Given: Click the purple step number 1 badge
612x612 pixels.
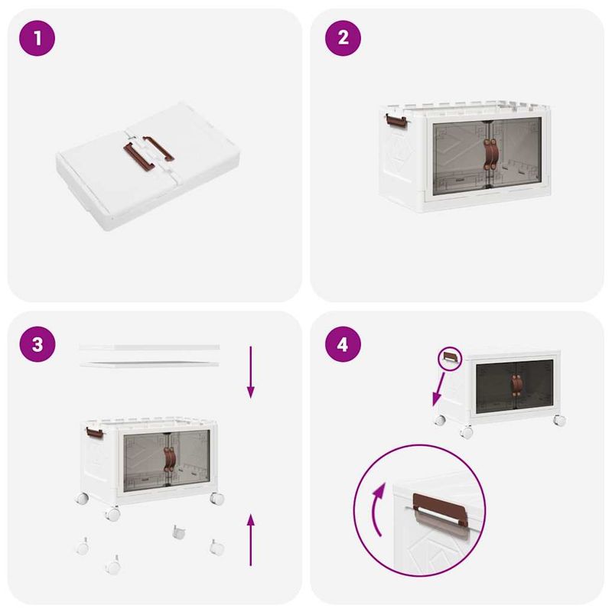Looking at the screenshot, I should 38,38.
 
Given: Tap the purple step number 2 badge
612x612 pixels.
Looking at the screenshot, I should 343,38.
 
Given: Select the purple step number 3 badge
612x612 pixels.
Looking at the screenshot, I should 38,344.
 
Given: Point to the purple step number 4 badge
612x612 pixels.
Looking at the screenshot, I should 343,344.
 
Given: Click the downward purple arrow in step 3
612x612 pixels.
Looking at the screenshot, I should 250,372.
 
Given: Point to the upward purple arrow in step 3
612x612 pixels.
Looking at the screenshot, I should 250,539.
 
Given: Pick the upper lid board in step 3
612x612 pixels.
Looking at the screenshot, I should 149,347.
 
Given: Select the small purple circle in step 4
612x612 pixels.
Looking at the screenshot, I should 450,359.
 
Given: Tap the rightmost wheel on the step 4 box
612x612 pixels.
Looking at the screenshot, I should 559,420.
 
